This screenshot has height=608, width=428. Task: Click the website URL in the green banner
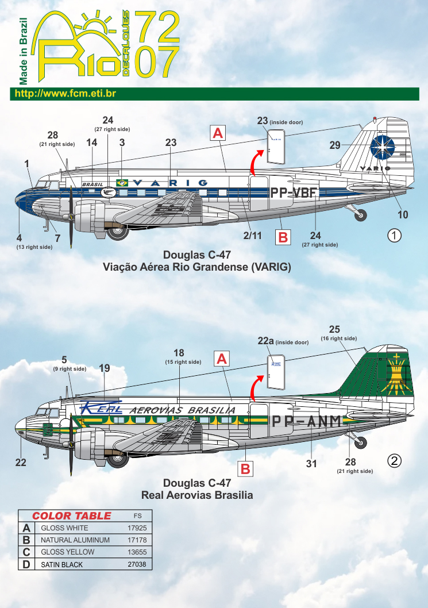[x=65, y=94]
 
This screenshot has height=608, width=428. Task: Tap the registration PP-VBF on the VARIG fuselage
[x=294, y=193]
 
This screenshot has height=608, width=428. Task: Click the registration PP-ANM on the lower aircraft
[x=307, y=421]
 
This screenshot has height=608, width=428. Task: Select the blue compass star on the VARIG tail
[x=382, y=148]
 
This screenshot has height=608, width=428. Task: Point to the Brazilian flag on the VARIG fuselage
[x=122, y=183]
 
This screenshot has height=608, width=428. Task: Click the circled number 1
[x=394, y=236]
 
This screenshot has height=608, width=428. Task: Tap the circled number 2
[x=394, y=461]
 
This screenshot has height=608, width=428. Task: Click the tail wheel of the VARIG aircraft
[x=361, y=215]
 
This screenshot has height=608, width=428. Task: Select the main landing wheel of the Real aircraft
[x=117, y=459]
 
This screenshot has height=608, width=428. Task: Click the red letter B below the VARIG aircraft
[x=283, y=237]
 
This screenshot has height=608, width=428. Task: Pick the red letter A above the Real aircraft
[x=222, y=359]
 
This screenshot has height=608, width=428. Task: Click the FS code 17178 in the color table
[x=137, y=540]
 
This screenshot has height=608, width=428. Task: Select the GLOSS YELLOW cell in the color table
[x=67, y=552]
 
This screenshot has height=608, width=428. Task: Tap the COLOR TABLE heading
[x=71, y=515]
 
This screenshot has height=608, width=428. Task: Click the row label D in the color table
[x=26, y=564]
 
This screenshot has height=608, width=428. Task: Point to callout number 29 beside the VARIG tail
[x=334, y=145]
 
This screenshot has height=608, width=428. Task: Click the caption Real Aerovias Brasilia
[x=197, y=495]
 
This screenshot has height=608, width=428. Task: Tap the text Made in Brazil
[x=23, y=51]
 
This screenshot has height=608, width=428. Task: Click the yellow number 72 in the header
[x=157, y=26]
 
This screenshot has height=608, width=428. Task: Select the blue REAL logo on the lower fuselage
[x=101, y=407]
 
